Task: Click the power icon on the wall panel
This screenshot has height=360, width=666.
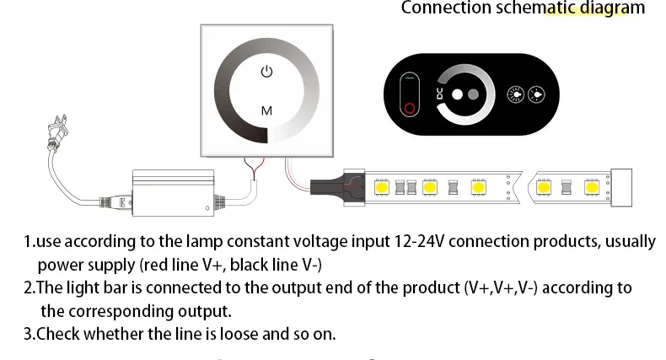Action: pos(267,72)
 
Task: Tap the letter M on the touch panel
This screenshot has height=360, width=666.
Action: pos(266,110)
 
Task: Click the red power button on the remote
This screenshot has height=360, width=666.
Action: pos(411,109)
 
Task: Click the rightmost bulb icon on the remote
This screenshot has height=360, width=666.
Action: pos(536,94)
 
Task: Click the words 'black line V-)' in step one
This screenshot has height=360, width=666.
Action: pos(275,265)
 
